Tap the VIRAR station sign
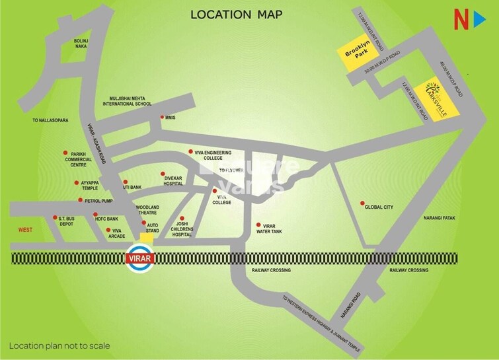pyautogui.click(x=139, y=258)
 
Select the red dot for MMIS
pyautogui.click(x=163, y=118)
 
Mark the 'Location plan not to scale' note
pyautogui.click(x=59, y=345)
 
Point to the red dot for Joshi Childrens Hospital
pyautogui.click(x=180, y=219)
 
